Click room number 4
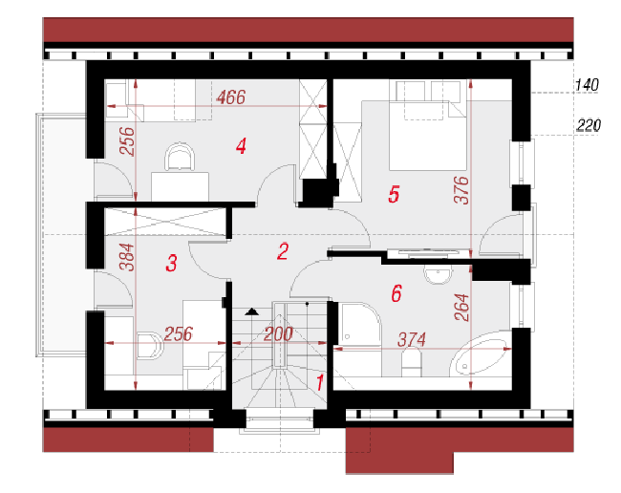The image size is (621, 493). pos(241,146)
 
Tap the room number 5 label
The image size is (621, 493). pos(394,194)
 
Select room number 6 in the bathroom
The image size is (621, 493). pos(396,293)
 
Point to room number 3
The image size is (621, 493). pos(171,264)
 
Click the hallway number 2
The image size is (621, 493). pos(283,251)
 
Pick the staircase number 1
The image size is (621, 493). pos(320,382)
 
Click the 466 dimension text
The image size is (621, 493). pos(231,97)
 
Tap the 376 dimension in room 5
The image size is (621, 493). pos(461,190)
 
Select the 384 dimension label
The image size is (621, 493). pos(127,257)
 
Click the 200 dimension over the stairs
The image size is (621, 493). pos(278,334)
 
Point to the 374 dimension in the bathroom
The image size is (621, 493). pos(412,340)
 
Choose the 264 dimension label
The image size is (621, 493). pos(461,308)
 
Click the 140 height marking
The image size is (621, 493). pos(587,85)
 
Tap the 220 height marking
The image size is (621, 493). pos(589,125)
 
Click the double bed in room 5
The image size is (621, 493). pos(428,136)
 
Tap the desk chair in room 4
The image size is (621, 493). pos(180,157)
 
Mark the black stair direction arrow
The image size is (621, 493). pos(251,312)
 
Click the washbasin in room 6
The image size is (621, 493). pos(438,274)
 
